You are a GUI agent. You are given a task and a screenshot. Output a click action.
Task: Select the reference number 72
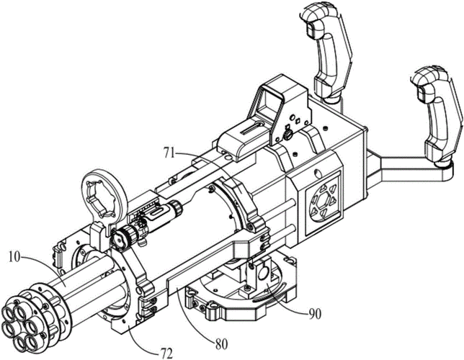166,353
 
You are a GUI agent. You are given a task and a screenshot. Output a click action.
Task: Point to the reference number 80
221,344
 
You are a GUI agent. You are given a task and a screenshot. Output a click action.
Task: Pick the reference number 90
315,314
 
